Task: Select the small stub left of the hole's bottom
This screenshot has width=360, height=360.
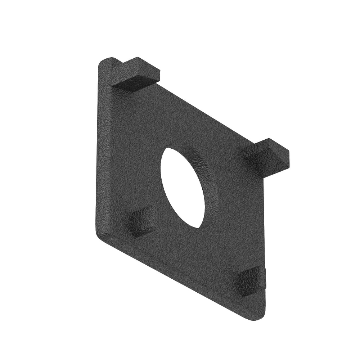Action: (x=143, y=221)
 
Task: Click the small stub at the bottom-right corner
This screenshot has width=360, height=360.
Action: (x=250, y=280)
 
